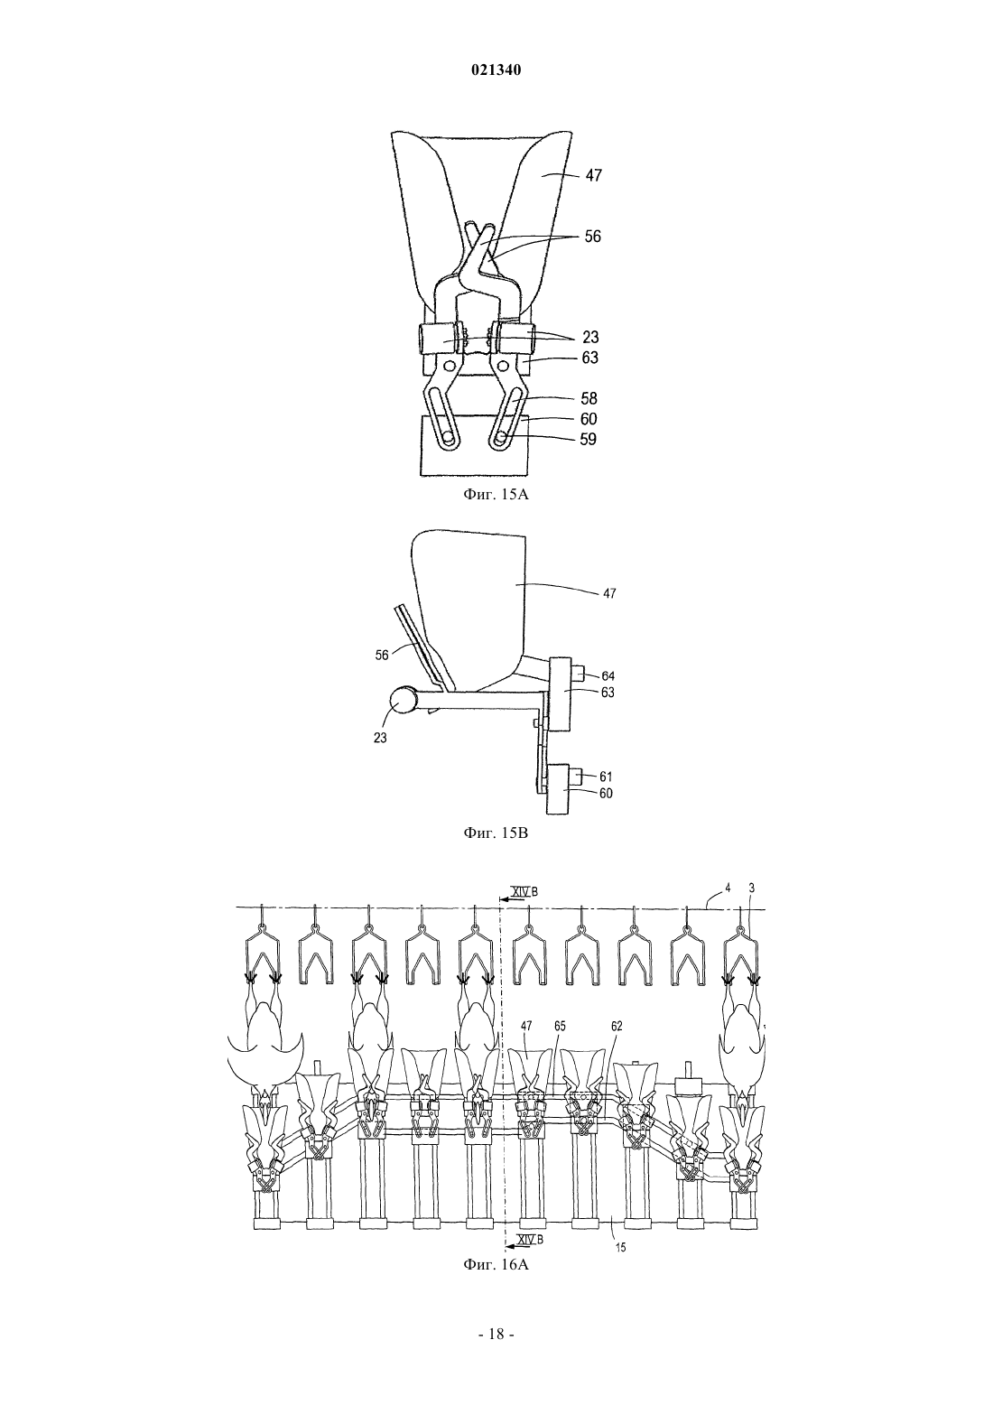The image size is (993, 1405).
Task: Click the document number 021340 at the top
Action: tap(496, 70)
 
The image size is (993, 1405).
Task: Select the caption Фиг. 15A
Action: tap(496, 494)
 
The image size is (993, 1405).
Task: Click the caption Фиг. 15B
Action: tap(496, 833)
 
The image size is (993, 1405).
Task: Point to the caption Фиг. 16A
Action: tap(496, 1264)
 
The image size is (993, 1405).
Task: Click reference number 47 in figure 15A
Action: tap(594, 175)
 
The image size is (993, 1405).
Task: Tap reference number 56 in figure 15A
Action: tap(592, 237)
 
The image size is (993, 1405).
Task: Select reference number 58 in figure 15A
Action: tap(589, 398)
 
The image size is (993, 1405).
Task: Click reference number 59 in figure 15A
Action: tap(588, 439)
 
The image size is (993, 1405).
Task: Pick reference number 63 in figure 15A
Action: tap(589, 358)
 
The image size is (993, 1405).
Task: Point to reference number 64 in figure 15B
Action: tap(608, 676)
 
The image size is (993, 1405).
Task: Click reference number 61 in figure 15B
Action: tap(606, 777)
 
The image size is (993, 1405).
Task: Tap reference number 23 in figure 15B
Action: tap(381, 739)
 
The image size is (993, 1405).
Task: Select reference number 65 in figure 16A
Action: tap(560, 1026)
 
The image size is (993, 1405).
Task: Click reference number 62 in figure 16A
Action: tap(617, 1026)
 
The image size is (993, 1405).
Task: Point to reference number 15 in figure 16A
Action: tap(621, 1248)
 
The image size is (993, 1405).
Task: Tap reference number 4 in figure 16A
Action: tap(728, 889)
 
